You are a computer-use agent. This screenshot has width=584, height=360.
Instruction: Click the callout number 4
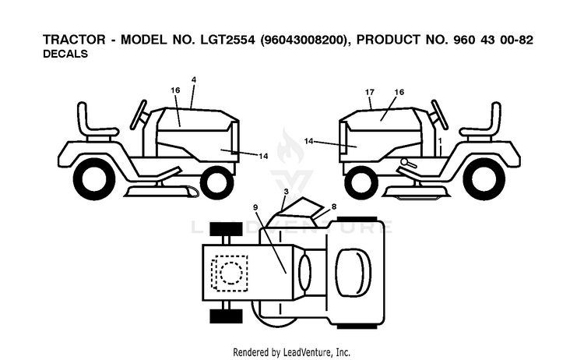coord(194,79)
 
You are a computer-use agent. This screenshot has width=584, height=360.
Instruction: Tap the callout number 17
coord(369,92)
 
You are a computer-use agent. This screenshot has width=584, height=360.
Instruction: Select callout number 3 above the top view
coord(286,192)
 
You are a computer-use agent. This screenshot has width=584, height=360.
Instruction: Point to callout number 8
coord(334,206)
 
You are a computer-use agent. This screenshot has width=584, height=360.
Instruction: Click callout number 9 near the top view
coord(255,207)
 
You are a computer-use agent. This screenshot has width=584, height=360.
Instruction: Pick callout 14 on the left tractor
coord(263,156)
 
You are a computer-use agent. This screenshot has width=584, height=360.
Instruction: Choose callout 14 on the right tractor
coord(309,141)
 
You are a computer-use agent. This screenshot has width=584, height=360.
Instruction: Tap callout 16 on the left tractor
coord(175,90)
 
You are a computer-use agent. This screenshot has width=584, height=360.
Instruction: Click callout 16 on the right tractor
coord(399,92)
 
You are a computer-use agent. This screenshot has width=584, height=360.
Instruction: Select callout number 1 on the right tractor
coord(440,141)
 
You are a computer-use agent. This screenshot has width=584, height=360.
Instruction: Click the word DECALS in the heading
coord(65,54)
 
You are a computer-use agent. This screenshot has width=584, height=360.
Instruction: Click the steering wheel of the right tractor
coord(439,115)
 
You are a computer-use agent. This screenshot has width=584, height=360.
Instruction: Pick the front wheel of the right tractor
coord(361,183)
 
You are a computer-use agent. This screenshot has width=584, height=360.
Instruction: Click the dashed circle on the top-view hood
coord(231,274)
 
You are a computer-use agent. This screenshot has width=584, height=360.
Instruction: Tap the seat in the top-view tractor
coord(353,272)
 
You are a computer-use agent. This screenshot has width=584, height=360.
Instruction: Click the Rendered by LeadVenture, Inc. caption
coord(292,351)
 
